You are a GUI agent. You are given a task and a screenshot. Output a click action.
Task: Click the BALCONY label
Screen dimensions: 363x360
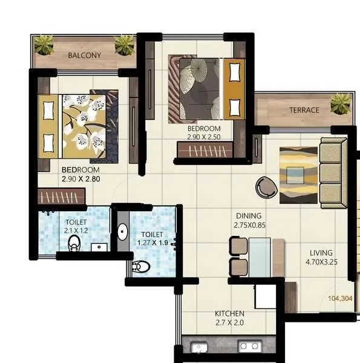point(84,55)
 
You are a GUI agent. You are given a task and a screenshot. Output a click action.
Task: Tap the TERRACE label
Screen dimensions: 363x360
point(304,110)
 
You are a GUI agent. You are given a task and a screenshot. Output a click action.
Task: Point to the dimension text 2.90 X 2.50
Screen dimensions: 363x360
point(203,138)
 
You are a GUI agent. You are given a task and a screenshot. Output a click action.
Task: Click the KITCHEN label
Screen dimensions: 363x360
point(229,313)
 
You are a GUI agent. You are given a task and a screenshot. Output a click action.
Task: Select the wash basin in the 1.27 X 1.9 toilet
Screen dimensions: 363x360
point(122,232)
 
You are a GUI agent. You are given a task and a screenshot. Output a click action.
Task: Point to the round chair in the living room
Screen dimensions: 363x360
point(266,187)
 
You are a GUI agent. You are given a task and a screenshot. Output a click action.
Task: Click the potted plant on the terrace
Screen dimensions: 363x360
point(340,104)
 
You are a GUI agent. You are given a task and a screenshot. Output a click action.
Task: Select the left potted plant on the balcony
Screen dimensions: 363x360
point(44,44)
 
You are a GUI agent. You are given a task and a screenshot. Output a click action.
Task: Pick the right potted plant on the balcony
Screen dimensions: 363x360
point(125,44)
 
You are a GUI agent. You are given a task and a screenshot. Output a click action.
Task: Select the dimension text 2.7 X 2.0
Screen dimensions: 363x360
point(229,324)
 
